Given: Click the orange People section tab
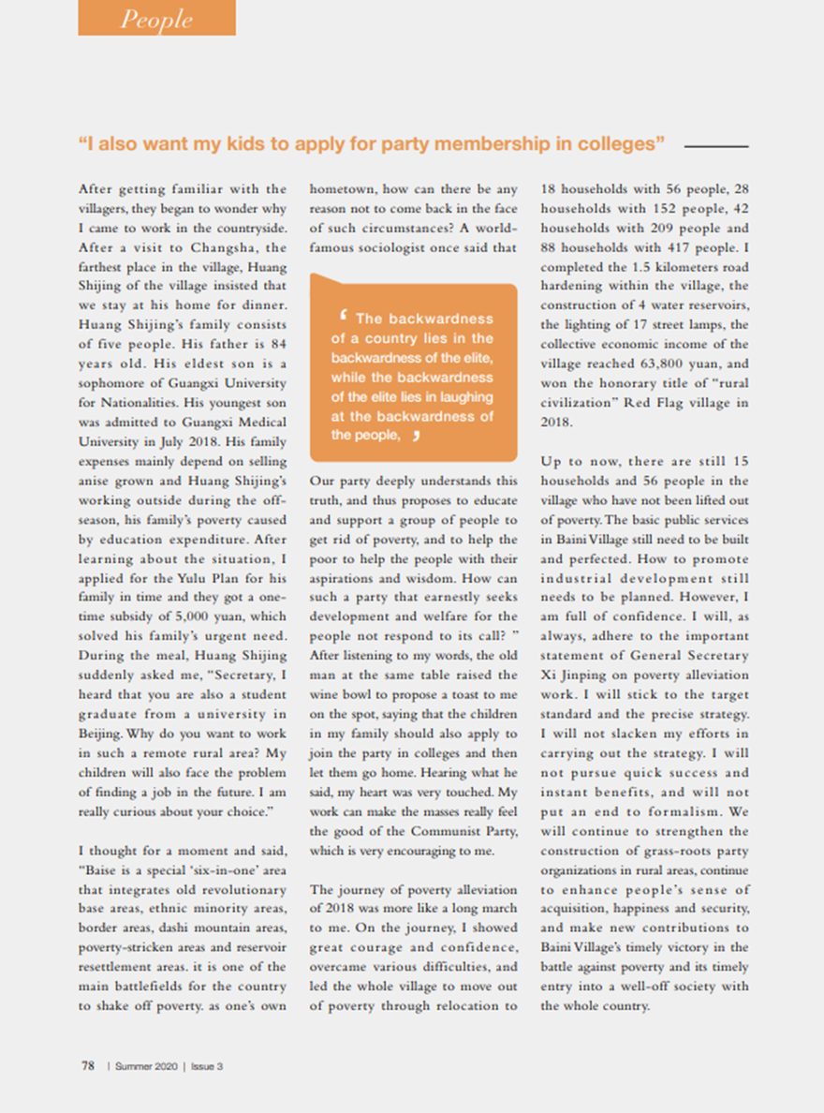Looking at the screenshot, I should pyautogui.click(x=156, y=19).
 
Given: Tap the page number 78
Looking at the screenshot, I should pyautogui.click(x=87, y=1065).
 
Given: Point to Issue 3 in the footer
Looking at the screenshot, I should pyautogui.click(x=207, y=1066).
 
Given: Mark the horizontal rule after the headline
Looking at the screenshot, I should pyautogui.click(x=716, y=147).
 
